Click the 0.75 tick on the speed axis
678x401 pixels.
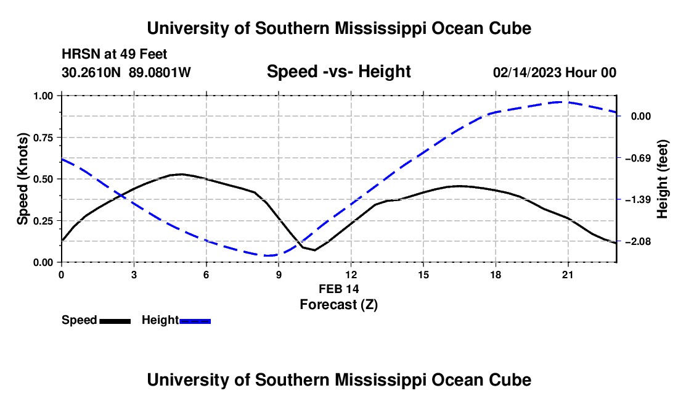click(x=43, y=138)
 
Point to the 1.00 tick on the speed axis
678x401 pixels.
click(x=43, y=96)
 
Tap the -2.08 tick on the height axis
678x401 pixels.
click(x=638, y=241)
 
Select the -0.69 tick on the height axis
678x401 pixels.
click(x=638, y=158)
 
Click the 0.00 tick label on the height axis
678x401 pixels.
click(x=641, y=117)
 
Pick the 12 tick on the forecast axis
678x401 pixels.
click(x=351, y=275)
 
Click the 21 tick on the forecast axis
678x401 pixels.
click(x=568, y=275)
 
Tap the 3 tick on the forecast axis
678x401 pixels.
click(x=134, y=275)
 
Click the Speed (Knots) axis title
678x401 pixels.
click(x=22, y=179)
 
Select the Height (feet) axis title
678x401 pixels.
click(x=663, y=179)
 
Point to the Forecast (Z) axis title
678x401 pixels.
click(x=338, y=305)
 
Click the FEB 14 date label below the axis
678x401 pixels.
click(x=338, y=289)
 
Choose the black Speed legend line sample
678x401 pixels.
click(x=115, y=321)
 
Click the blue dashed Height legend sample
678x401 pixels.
click(x=195, y=321)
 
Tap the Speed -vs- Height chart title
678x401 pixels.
click(x=338, y=72)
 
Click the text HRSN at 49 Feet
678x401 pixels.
click(x=114, y=54)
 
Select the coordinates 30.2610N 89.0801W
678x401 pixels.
click(x=126, y=72)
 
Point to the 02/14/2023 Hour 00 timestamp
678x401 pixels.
click(x=555, y=72)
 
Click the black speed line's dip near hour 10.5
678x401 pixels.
click(x=314, y=250)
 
